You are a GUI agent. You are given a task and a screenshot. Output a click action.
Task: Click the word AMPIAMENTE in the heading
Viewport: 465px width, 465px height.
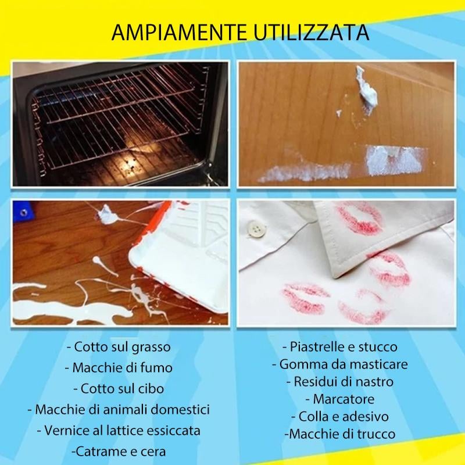click(169, 31)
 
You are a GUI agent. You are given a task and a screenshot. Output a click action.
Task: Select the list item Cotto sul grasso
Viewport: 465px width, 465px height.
click(119, 348)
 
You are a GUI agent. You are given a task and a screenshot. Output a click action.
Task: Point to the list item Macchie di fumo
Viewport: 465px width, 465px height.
click(119, 368)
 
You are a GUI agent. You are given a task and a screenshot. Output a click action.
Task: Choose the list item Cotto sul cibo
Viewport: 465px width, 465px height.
click(119, 389)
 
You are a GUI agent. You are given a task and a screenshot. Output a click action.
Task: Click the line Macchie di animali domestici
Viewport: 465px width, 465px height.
click(119, 409)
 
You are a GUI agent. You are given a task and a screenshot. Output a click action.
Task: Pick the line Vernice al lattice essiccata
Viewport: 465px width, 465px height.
click(119, 430)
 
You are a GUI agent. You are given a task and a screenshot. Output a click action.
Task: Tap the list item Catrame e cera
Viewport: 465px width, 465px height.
click(119, 451)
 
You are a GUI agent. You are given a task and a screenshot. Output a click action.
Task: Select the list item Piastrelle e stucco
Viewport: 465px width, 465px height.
click(340, 347)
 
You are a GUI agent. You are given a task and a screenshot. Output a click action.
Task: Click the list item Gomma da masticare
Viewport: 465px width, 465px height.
click(340, 364)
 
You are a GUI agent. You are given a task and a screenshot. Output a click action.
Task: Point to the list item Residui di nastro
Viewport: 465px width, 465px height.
click(340, 382)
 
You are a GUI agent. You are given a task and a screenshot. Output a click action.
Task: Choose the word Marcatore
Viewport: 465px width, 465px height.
click(340, 399)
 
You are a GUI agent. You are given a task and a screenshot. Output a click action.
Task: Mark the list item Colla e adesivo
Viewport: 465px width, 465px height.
click(340, 417)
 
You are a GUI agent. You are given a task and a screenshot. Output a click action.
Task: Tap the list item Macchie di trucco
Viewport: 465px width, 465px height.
click(340, 434)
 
